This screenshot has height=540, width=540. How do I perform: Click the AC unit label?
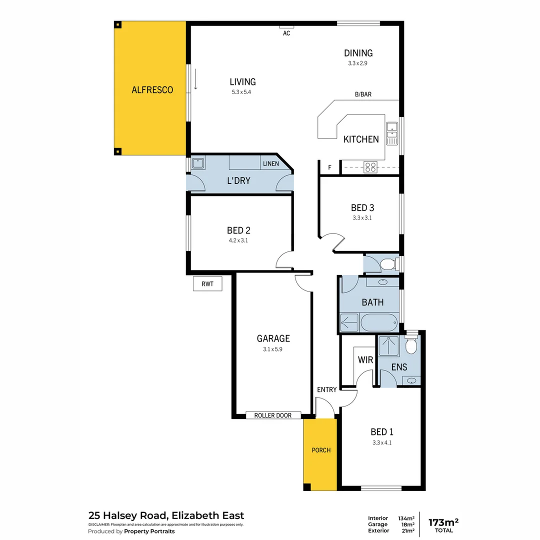(286, 33)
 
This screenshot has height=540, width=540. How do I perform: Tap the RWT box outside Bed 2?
(207, 284)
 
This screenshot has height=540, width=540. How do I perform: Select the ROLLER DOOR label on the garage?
(273, 415)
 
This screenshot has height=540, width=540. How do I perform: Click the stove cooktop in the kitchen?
(370, 167)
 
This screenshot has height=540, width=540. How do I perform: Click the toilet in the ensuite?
(411, 344)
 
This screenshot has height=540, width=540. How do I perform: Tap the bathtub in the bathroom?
(378, 322)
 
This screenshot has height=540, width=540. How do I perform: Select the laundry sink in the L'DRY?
(198, 163)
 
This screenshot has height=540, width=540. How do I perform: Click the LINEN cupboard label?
(270, 164)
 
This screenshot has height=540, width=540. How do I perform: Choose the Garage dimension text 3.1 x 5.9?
(273, 349)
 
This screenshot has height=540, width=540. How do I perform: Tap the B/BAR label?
(363, 94)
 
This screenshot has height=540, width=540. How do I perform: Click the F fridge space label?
(329, 168)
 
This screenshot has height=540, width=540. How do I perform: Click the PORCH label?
(321, 450)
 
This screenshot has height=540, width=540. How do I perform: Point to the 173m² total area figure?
(443, 522)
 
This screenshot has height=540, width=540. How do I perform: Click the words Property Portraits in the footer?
(149, 531)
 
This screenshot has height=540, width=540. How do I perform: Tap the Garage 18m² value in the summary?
(407, 524)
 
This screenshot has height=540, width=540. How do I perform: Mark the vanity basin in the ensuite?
(411, 381)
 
